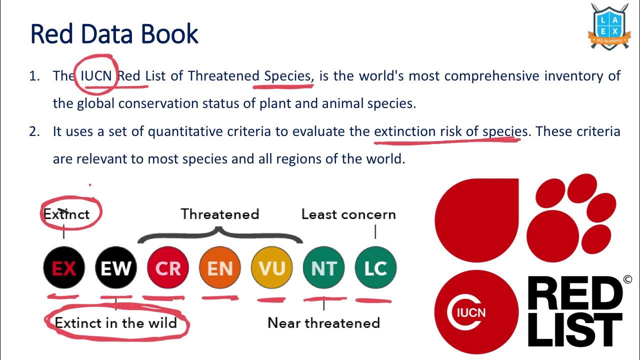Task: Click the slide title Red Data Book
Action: click(x=114, y=34)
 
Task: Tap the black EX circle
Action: click(x=64, y=268)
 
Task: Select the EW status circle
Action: click(x=116, y=268)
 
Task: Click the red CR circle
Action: click(x=168, y=268)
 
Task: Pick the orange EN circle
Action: click(x=220, y=268)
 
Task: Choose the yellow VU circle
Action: click(x=272, y=268)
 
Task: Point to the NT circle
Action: click(x=324, y=268)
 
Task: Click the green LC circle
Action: click(x=375, y=268)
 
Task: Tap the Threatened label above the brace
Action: click(x=220, y=214)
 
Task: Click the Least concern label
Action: click(x=348, y=214)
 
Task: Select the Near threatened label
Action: click(x=323, y=323)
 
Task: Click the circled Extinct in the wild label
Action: click(x=116, y=323)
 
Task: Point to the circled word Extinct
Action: click(x=66, y=214)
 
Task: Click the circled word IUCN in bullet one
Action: click(x=96, y=76)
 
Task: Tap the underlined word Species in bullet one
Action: click(x=287, y=76)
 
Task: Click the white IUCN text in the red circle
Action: click(x=471, y=313)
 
